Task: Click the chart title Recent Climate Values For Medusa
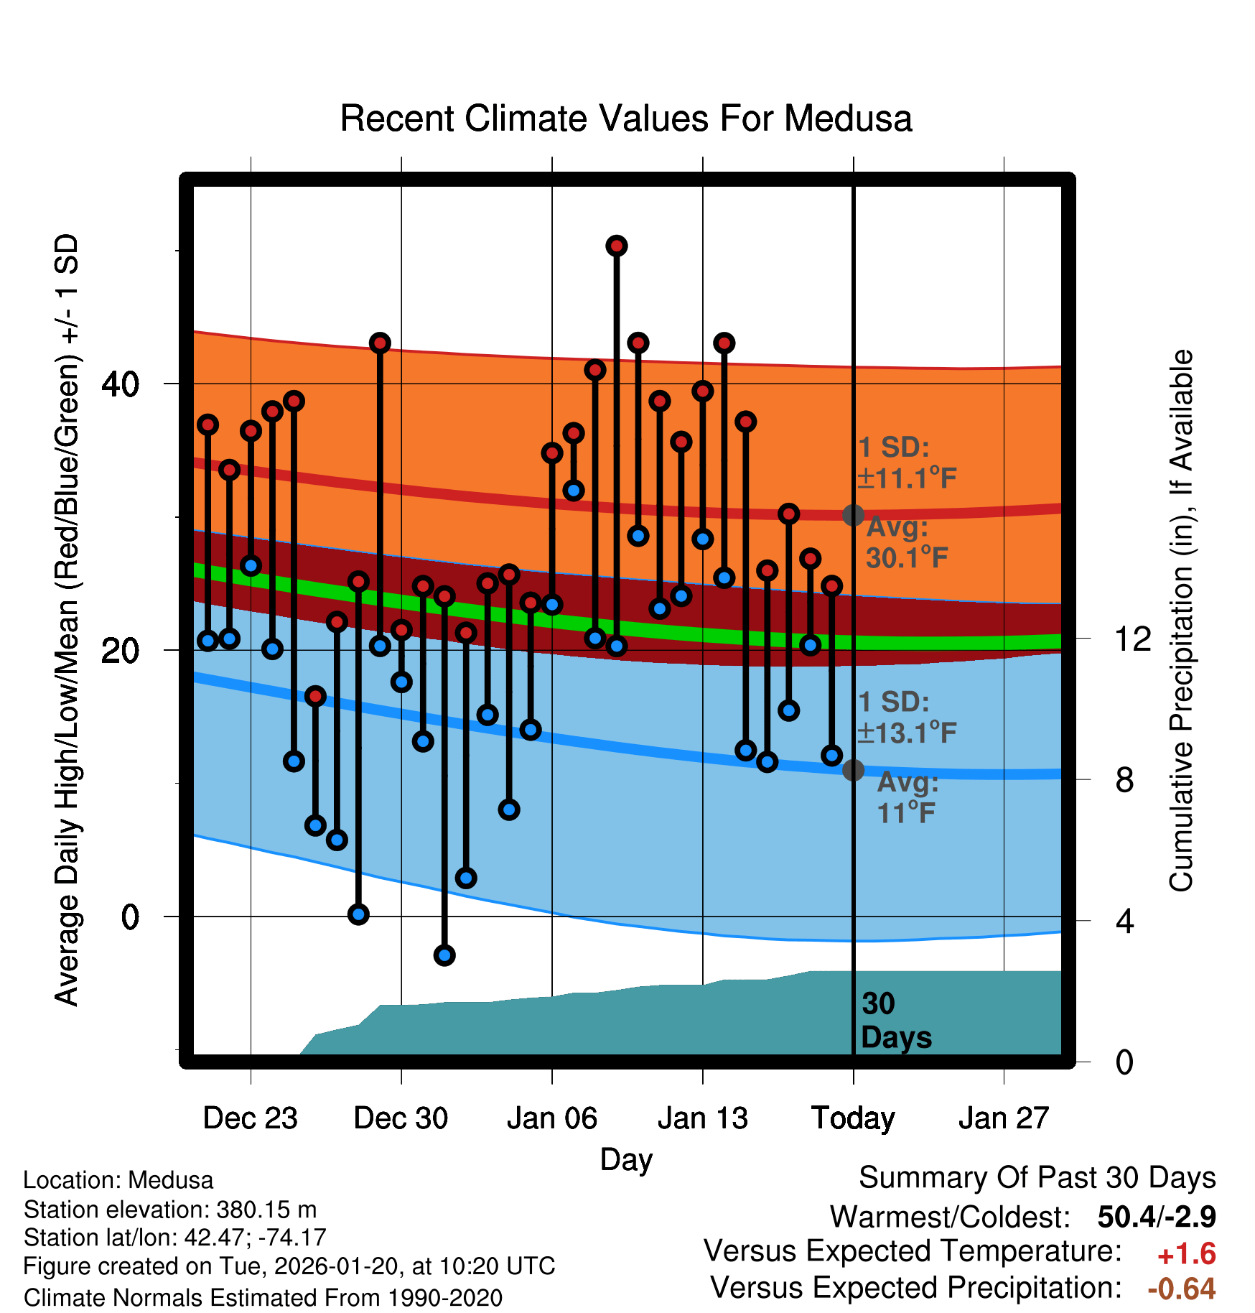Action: pyautogui.click(x=626, y=119)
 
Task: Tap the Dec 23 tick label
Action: pyautogui.click(x=250, y=1118)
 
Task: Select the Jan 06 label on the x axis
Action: pyautogui.click(x=551, y=1118)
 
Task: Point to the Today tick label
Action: pyautogui.click(x=853, y=1118)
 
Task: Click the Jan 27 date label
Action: pyautogui.click(x=1004, y=1118)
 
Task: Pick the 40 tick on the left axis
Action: pyautogui.click(x=120, y=384)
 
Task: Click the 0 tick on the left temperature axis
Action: pyautogui.click(x=130, y=917)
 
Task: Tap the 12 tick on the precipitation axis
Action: pyautogui.click(x=1132, y=639)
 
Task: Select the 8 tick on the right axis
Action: pyautogui.click(x=1124, y=779)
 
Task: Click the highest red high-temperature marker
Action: pyautogui.click(x=617, y=246)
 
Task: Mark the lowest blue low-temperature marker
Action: pyautogui.click(x=444, y=955)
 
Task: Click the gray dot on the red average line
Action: pyautogui.click(x=853, y=515)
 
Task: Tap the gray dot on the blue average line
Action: pyautogui.click(x=853, y=770)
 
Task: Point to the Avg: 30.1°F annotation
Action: pyautogui.click(x=906, y=542)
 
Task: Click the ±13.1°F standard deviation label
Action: pyautogui.click(x=906, y=733)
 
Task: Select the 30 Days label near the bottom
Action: pyautogui.click(x=895, y=1021)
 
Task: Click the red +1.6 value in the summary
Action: pyautogui.click(x=1186, y=1254)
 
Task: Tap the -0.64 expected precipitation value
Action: pyautogui.click(x=1181, y=1289)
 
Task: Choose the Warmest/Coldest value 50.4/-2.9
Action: pyautogui.click(x=1157, y=1217)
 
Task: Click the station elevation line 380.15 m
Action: pyautogui.click(x=170, y=1210)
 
